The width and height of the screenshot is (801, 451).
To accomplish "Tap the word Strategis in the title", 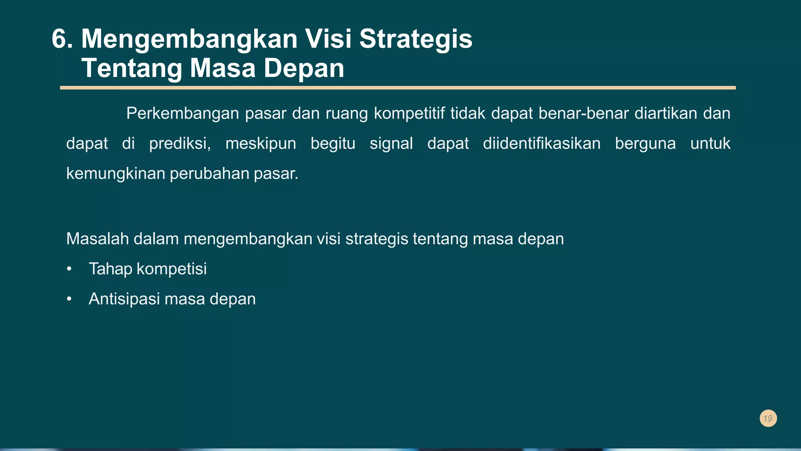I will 416,39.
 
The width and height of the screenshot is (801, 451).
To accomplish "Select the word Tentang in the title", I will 132,69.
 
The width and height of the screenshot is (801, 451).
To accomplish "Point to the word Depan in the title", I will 304,69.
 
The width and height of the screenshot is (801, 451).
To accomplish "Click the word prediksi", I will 180,144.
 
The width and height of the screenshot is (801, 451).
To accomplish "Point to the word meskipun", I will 260,144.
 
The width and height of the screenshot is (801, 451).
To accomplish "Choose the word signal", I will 391,144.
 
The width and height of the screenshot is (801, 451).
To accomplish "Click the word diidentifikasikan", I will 542,144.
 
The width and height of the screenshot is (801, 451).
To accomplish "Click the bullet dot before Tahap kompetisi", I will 69,269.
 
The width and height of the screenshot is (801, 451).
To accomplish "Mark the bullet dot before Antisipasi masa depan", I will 69,299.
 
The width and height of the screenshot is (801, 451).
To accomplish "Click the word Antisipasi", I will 124,299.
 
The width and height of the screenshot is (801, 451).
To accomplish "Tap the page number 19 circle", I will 768,419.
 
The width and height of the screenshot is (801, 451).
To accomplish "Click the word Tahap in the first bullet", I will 110,269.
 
